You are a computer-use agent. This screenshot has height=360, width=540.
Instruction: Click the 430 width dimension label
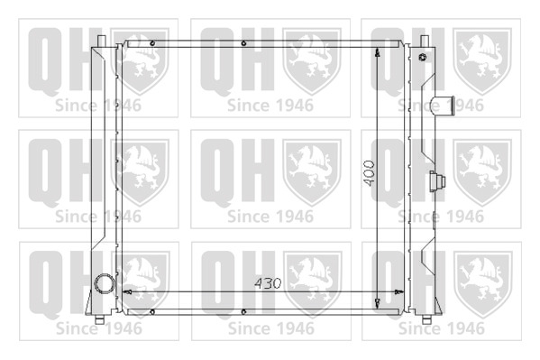[x=268, y=283]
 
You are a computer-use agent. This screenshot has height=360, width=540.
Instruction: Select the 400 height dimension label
[x=370, y=173]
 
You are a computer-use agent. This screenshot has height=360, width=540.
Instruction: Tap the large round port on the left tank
[x=104, y=284]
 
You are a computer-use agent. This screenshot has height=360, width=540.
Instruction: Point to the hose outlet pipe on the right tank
[x=442, y=105]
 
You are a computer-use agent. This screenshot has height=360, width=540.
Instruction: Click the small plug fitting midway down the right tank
[x=437, y=181]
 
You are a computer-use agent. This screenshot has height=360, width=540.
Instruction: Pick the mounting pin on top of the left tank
[x=101, y=42]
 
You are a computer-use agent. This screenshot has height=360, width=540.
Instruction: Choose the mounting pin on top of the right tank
[x=425, y=42]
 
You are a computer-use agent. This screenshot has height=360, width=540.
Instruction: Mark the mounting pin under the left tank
[x=99, y=319]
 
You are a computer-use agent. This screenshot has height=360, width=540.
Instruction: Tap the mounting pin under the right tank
[x=426, y=319]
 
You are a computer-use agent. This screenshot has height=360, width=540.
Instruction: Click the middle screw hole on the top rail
[x=243, y=43]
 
